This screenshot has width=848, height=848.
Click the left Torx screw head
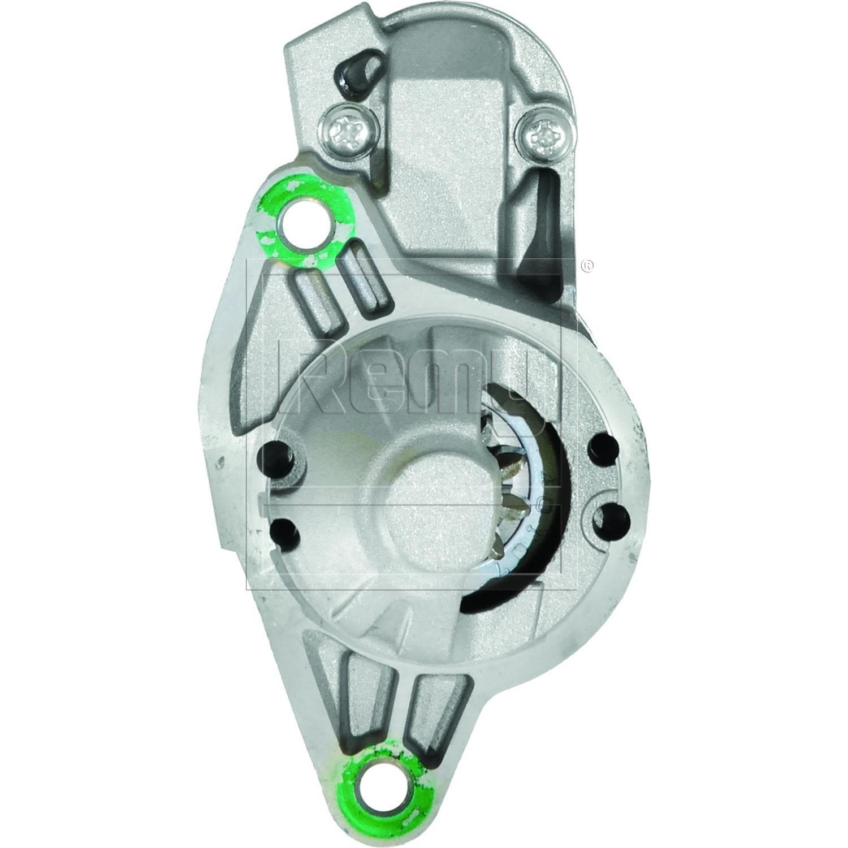[x=341, y=132]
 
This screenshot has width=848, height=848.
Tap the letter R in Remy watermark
[x=308, y=373]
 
